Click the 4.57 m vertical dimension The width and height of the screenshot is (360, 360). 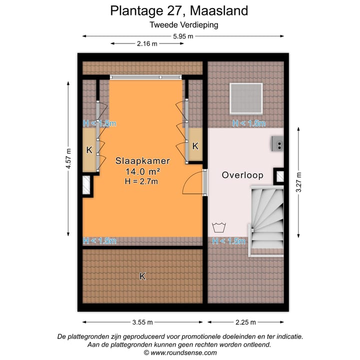tap(69, 159)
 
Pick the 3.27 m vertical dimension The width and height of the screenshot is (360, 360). tap(298, 182)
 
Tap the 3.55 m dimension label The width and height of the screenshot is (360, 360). tap(142, 322)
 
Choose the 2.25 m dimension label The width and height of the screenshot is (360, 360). tap(245, 322)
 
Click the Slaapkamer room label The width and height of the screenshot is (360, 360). tap(142, 161)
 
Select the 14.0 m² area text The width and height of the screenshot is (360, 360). tap(142, 171)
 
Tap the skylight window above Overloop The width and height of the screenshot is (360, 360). tap(246, 99)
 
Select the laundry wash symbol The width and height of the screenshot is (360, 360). tap(218, 228)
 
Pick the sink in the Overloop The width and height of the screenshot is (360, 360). tap(277, 143)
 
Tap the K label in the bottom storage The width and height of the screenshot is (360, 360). tap(142, 276)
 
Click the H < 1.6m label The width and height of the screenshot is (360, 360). tap(248, 123)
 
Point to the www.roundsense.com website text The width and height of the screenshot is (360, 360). tap(183, 352)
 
